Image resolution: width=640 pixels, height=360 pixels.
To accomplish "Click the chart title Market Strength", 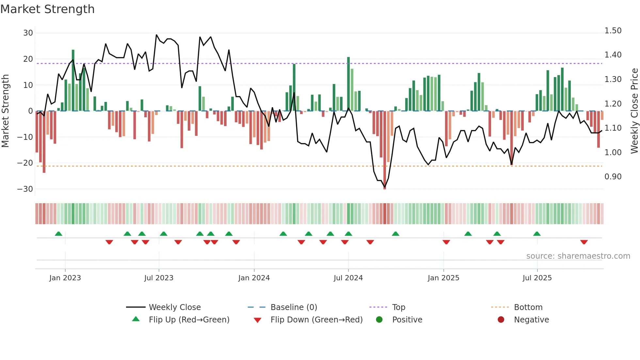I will pyautogui.click(x=48, y=9).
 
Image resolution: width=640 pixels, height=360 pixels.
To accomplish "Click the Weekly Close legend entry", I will pyautogui.click(x=174, y=307).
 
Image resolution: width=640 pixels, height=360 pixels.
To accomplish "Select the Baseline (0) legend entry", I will pyautogui.click(x=294, y=307).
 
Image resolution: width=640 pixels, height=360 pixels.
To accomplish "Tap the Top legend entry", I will pyautogui.click(x=398, y=307).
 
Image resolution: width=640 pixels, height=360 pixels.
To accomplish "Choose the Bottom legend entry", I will pyautogui.click(x=528, y=307).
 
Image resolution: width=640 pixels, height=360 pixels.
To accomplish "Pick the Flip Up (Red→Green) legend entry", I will pyautogui.click(x=189, y=319).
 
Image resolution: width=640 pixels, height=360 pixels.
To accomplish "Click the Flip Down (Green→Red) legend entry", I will pyautogui.click(x=316, y=319).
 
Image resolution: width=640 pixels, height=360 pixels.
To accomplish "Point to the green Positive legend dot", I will pyautogui.click(x=379, y=319).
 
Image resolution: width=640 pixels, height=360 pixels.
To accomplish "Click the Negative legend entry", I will pyautogui.click(x=531, y=319).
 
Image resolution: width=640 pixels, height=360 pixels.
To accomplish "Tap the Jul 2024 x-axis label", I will pyautogui.click(x=348, y=278).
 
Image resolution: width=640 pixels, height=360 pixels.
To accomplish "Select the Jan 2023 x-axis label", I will pyautogui.click(x=65, y=278).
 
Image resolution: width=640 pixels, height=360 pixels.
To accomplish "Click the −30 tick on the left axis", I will pyautogui.click(x=25, y=189).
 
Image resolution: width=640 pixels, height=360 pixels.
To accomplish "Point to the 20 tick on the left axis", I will pyautogui.click(x=28, y=59).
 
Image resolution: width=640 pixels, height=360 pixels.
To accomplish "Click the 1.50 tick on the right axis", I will pyautogui.click(x=613, y=31).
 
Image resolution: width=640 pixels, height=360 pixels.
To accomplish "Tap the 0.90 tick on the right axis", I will pyautogui.click(x=613, y=177).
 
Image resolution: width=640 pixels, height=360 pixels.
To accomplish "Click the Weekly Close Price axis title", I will pyautogui.click(x=634, y=111).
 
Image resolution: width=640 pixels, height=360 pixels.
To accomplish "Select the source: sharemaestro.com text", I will pyautogui.click(x=578, y=256).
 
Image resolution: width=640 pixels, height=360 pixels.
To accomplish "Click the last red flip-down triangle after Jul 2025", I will pyautogui.click(x=584, y=242).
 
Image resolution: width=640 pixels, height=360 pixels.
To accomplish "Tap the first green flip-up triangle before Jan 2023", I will pyautogui.click(x=58, y=234).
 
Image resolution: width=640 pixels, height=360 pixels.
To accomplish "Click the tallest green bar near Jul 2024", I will pyautogui.click(x=348, y=84).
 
